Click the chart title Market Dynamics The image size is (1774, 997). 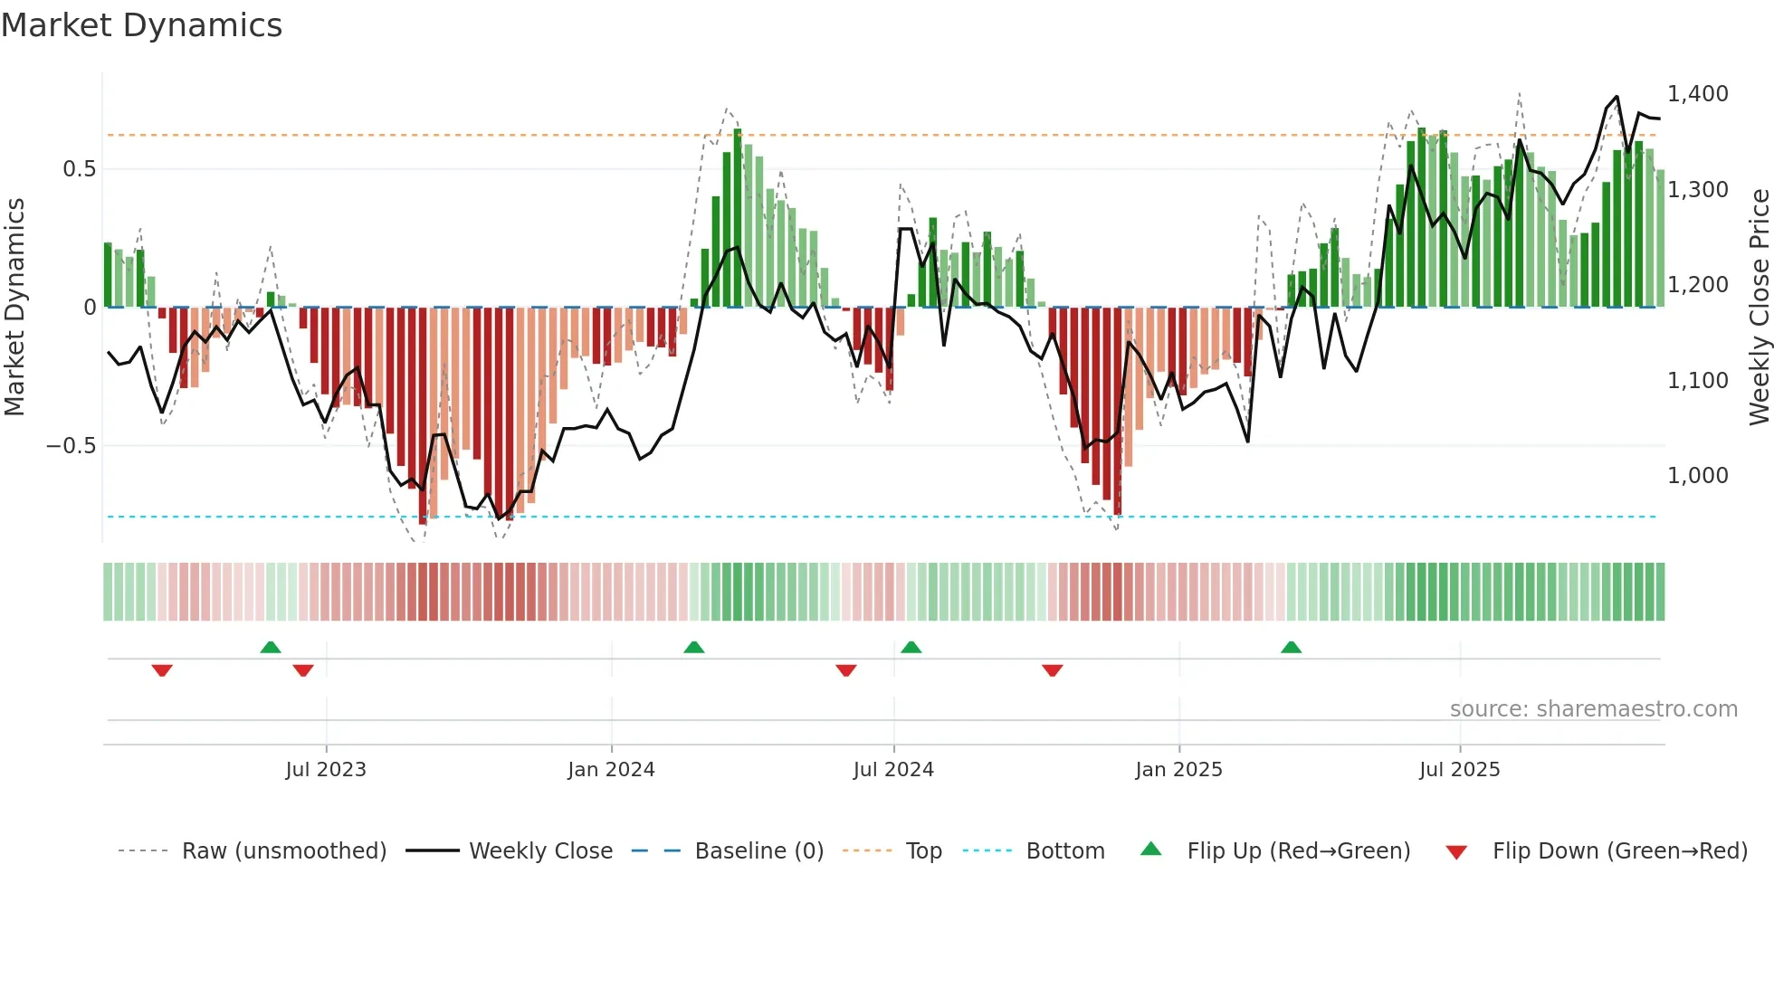(x=142, y=25)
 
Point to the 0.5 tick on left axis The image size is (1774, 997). (x=79, y=169)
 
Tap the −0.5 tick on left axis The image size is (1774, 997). (x=72, y=446)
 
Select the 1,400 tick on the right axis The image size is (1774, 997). (x=1697, y=94)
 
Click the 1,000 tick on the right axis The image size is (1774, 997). (x=1697, y=476)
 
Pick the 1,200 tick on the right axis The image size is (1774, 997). (x=1697, y=285)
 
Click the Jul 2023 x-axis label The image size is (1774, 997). (x=326, y=770)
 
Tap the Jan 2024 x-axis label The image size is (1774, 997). (x=611, y=770)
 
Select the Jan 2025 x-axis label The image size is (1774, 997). (x=1178, y=770)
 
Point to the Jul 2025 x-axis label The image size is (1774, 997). (x=1459, y=770)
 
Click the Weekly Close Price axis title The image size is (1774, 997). (x=1759, y=307)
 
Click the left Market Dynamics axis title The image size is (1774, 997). (x=14, y=307)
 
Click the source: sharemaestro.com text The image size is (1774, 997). (x=1593, y=709)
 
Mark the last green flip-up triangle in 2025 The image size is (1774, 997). (x=1291, y=648)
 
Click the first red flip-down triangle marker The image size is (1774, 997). (x=162, y=670)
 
